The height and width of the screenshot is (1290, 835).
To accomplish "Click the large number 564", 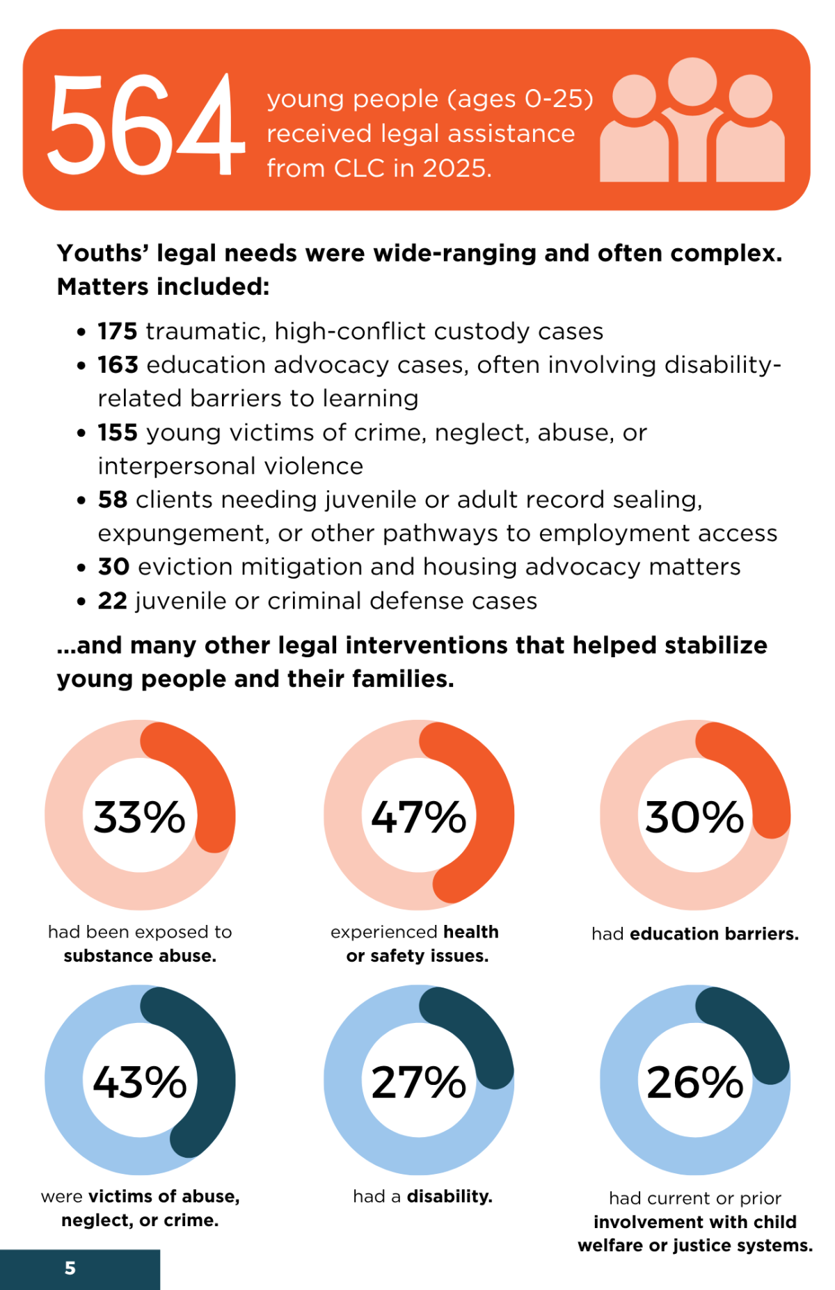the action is tap(145, 124).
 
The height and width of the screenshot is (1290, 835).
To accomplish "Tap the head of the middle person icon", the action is tap(692, 81).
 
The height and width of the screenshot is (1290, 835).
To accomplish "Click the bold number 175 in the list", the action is tap(118, 331).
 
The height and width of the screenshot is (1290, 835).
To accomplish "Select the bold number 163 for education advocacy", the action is tap(118, 364).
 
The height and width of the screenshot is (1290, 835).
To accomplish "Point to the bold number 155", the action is tap(118, 433).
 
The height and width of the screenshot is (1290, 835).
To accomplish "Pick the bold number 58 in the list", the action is tap(113, 499).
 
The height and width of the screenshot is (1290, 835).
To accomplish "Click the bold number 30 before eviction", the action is tap(113, 567).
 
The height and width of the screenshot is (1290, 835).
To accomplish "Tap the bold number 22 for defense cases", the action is tap(113, 601).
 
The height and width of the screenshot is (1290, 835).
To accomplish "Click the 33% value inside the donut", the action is tap(140, 816).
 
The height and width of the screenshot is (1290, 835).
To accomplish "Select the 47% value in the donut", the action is tap(418, 816).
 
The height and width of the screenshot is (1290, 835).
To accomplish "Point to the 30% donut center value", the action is tap(694, 816).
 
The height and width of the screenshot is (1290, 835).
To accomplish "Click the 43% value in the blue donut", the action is tap(140, 1082).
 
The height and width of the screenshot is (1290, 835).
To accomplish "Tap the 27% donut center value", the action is tap(418, 1082).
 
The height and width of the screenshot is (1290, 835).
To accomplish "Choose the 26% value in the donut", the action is tap(694, 1082).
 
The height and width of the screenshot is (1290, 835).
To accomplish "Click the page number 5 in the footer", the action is tap(70, 1268).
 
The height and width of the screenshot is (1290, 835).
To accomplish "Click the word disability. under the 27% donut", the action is tap(450, 1196).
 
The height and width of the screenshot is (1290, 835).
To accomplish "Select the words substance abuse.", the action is tap(140, 956).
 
